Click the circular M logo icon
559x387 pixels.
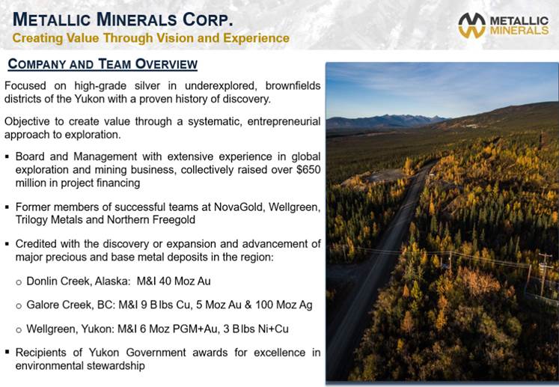click(x=471, y=25)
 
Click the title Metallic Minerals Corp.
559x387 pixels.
click(x=123, y=19)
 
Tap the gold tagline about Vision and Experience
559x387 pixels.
click(x=151, y=38)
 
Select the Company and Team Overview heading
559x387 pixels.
click(x=103, y=64)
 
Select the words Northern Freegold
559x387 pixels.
click(x=151, y=220)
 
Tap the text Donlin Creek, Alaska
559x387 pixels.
click(x=79, y=281)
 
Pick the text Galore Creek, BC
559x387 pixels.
click(x=70, y=305)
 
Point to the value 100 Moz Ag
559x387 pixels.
click(x=284, y=305)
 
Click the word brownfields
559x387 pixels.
click(x=293, y=86)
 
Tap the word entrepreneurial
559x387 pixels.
click(x=284, y=121)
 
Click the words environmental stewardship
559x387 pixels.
click(x=80, y=365)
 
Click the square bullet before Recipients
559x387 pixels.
click(x=7, y=352)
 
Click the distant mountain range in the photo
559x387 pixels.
click(x=385, y=121)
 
